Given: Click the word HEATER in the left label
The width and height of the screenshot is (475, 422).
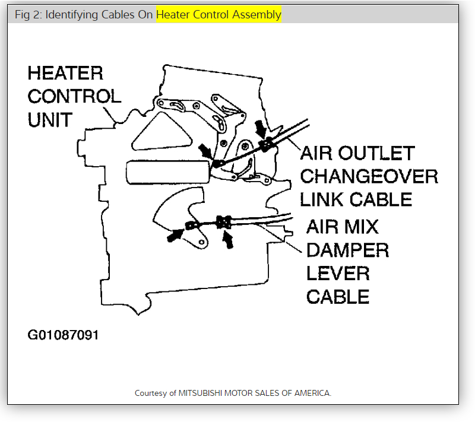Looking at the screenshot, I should (x=65, y=74).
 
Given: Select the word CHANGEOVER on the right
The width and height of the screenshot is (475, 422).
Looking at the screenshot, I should (x=369, y=176).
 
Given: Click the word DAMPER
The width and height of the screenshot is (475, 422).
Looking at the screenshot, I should (x=347, y=250).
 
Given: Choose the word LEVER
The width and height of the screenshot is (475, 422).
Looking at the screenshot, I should (x=338, y=273).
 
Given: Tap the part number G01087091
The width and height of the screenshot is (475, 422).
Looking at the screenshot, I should (x=63, y=335).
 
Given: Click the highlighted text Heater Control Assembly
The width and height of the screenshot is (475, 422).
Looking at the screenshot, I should (x=218, y=15).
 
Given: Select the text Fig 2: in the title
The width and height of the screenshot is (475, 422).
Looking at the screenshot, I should (x=27, y=15).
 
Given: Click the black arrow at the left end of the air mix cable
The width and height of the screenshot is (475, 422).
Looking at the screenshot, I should (x=176, y=234).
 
